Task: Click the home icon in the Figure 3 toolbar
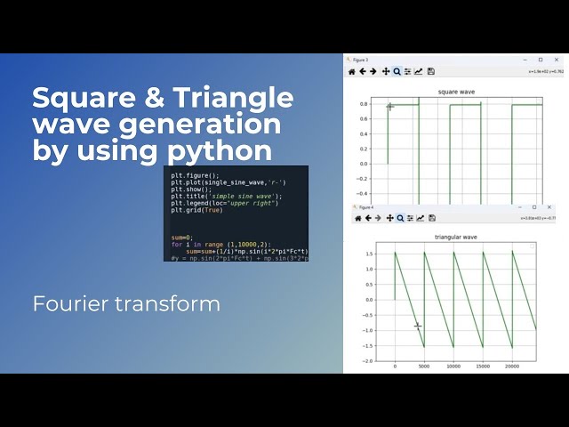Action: [352, 71]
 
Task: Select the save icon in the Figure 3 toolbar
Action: [431, 71]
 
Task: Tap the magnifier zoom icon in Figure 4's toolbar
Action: [399, 218]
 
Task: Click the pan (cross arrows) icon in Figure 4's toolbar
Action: [389, 218]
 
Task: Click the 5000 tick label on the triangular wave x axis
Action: [424, 366]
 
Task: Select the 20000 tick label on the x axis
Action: [511, 366]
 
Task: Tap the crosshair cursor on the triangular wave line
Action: [418, 326]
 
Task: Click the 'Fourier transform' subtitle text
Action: [126, 303]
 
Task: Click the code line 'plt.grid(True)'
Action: [198, 210]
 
